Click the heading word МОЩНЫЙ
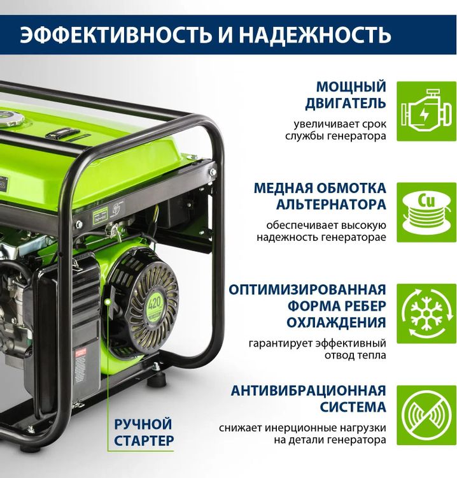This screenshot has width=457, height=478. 351,87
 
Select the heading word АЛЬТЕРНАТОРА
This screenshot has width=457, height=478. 331,205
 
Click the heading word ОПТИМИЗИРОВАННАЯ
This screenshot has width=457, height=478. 308,289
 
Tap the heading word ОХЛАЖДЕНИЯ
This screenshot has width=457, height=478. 335,322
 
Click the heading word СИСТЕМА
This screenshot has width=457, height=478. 355,407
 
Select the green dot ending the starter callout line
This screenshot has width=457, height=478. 109,298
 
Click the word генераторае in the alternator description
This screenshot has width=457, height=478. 353,237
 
